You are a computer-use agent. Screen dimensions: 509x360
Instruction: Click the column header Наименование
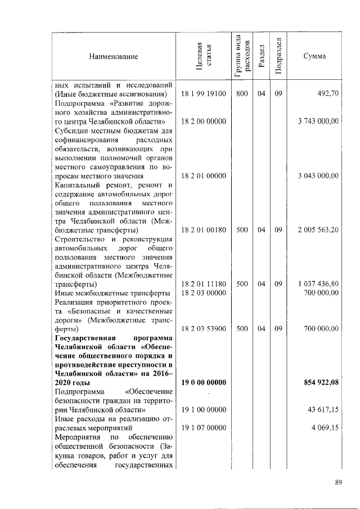[x=112, y=56]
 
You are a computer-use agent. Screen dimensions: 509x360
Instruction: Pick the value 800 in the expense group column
[x=242, y=94]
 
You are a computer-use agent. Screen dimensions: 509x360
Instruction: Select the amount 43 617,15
[x=322, y=410]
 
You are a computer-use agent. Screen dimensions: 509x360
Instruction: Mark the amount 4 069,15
[x=325, y=428]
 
